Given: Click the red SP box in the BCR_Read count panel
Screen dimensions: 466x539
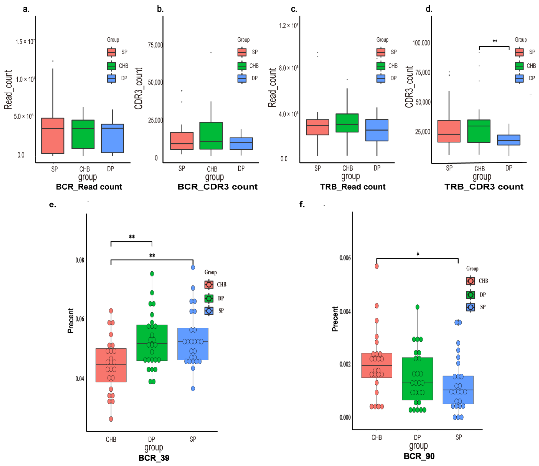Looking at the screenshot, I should pos(53,136).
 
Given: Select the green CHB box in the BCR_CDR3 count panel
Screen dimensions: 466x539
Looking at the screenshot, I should pos(211,136).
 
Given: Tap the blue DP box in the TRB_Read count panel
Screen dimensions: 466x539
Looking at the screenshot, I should pos(377,130).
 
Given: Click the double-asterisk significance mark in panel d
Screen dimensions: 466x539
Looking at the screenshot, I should pos(495,41).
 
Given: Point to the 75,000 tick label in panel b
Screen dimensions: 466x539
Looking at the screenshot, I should pos(155,45).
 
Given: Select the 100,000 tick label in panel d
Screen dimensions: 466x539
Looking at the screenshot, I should pos(421,43).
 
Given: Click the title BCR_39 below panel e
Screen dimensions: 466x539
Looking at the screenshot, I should pos(154,458).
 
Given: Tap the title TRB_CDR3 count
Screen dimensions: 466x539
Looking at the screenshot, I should pos(484,186).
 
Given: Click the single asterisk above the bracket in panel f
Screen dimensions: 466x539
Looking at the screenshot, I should pos(418,254).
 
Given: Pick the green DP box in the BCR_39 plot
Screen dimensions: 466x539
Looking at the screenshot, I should pos(152,342).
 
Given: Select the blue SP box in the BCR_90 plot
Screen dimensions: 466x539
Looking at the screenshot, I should pos(458,390).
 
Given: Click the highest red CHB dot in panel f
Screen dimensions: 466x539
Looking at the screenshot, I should pos(376,266).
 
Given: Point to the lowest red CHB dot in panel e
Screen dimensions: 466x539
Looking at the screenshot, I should pos(111,419).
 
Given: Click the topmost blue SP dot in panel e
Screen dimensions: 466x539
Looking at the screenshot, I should pos(193,267).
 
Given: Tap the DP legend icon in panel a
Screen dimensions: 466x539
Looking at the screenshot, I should pos(111,78).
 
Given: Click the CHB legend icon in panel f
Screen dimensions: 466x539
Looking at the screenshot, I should pos(470,281).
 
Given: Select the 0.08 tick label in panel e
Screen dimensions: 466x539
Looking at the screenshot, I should pos(80,260).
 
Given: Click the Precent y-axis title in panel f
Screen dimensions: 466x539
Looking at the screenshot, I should pos(335,319).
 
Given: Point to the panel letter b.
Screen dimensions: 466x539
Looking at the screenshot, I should pos(160,9).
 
